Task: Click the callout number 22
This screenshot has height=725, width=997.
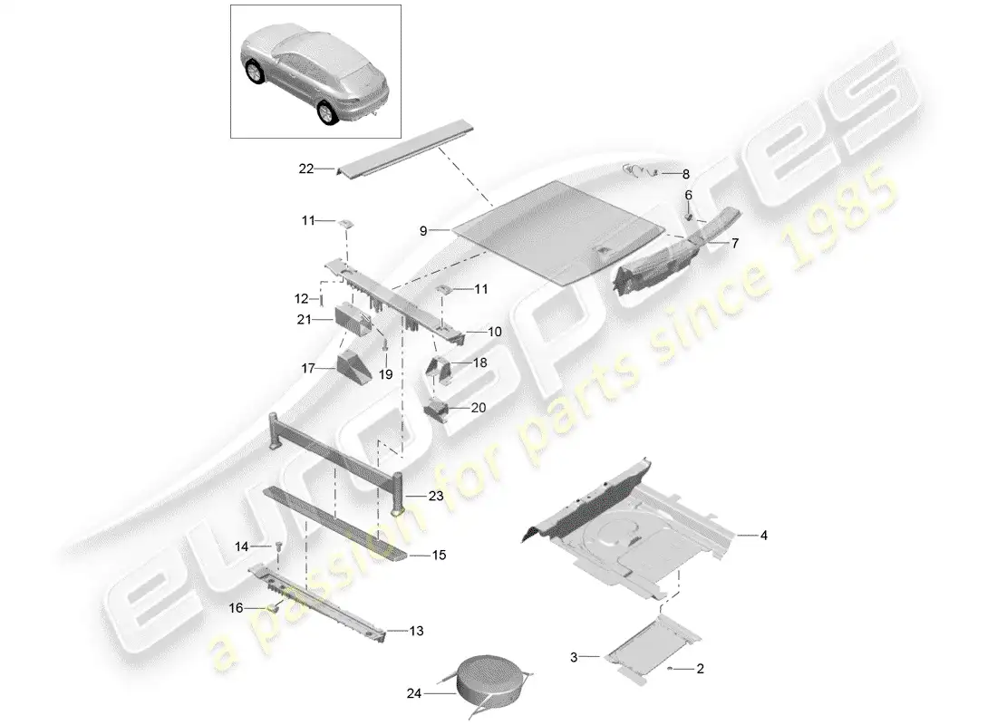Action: click(x=305, y=168)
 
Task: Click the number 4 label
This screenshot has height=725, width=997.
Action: click(x=763, y=536)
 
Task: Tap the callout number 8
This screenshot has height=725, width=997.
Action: click(x=685, y=173)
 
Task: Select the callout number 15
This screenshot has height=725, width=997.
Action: click(x=439, y=555)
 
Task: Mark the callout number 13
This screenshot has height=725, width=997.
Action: click(x=415, y=631)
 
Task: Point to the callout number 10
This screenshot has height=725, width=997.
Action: click(x=494, y=333)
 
